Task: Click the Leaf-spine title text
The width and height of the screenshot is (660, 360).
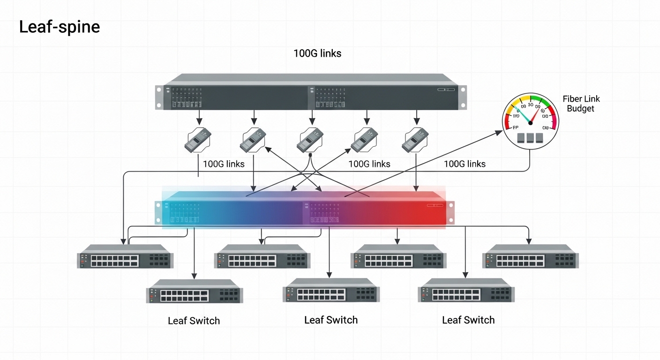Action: click(59, 27)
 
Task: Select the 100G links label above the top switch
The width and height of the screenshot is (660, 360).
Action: click(317, 53)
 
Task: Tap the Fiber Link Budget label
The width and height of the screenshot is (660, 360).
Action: click(581, 104)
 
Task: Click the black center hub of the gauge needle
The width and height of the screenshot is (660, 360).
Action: click(530, 122)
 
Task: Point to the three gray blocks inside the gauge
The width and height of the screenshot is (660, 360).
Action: click(530, 137)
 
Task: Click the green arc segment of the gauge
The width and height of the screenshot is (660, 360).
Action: click(542, 102)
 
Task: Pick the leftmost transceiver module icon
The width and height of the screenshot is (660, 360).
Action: click(197, 140)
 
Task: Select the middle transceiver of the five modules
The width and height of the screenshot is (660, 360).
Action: click(310, 140)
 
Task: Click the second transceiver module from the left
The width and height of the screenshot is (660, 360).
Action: click(253, 140)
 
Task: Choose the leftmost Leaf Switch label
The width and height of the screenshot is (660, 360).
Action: click(194, 321)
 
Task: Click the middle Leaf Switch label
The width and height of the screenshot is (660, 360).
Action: click(331, 320)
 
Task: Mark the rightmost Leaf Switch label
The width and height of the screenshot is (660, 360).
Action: click(468, 320)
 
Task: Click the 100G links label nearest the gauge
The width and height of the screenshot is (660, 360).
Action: click(465, 164)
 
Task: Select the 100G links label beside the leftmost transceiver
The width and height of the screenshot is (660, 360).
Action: click(224, 164)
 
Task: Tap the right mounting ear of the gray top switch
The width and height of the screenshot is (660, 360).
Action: click(462, 97)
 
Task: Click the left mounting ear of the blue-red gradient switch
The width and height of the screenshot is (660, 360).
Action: click(158, 212)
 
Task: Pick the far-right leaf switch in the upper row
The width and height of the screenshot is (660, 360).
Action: click(530, 256)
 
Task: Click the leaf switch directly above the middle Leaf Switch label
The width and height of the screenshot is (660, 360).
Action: click(331, 291)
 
